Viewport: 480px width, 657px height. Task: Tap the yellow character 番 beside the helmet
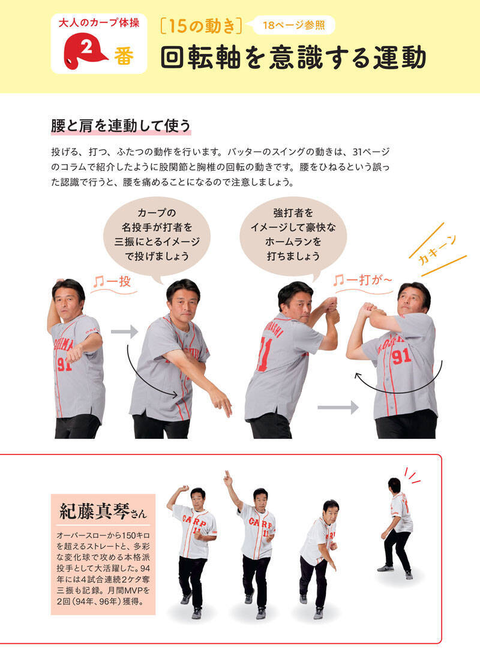tap(124, 56)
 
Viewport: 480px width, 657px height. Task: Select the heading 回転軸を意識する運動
tap(293, 58)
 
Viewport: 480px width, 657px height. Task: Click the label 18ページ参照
tap(293, 25)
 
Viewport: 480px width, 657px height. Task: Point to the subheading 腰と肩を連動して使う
tap(121, 125)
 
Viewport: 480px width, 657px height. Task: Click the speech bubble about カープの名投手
tap(157, 234)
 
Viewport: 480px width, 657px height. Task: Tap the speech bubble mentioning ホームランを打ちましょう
tap(293, 234)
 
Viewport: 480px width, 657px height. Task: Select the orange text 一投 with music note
tap(112, 282)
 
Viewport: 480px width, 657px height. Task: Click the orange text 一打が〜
tap(362, 280)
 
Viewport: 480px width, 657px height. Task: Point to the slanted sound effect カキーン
tap(437, 250)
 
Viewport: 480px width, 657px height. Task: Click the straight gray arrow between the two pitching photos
tap(125, 332)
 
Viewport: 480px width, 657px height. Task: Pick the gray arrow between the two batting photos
tap(338, 407)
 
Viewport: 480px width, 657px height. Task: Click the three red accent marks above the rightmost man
tap(412, 475)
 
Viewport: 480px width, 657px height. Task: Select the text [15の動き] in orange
tap(201, 26)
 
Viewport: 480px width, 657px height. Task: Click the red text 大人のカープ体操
tap(99, 23)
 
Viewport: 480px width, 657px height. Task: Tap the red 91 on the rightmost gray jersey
tap(401, 357)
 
